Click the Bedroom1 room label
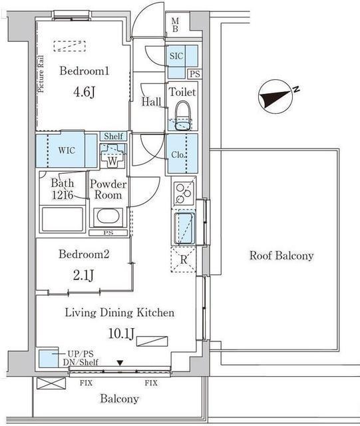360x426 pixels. [85, 71]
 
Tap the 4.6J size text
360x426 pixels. [85, 93]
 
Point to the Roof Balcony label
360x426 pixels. [281, 256]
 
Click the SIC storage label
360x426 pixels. [176, 56]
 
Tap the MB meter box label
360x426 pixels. [175, 25]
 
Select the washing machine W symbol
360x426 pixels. [112, 157]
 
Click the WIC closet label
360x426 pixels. [67, 150]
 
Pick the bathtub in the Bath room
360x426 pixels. [62, 220]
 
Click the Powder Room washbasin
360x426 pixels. [108, 218]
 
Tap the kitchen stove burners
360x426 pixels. [184, 191]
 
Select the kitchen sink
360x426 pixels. [184, 228]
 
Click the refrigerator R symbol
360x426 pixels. [184, 260]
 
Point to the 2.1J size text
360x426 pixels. [84, 275]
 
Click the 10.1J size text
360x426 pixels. [121, 334]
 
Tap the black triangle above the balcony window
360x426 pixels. [120, 362]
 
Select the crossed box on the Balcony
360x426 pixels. [51, 383]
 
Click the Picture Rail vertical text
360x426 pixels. [41, 74]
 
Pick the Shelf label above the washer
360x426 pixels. [114, 136]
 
